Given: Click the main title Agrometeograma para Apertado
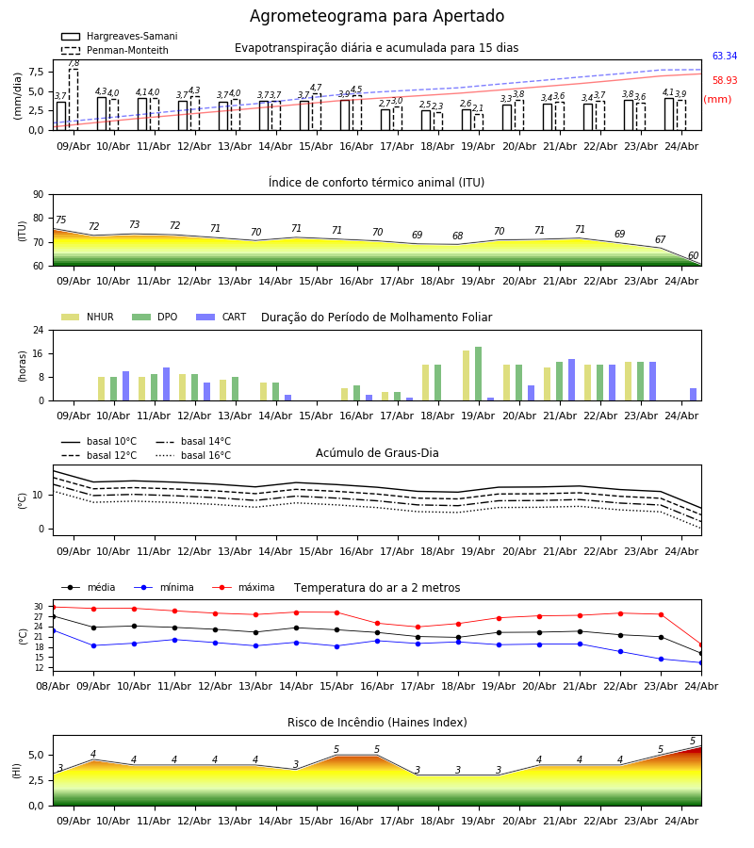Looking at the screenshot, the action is coord(377,16).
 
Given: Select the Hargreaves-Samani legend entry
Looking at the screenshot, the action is coord(120,36).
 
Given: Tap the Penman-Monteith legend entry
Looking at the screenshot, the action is coord(115,50).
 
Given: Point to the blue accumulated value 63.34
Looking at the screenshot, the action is coord(725,57).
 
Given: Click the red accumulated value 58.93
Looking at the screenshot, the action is coord(725,81).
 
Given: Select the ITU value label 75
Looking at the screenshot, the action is coord(60,220).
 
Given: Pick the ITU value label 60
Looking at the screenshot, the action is coord(693,255).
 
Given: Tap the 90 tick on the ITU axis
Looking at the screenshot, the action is coord(39,195).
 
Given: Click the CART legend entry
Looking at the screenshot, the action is coord(221,317).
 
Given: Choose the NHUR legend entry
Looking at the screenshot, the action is coord(88,317).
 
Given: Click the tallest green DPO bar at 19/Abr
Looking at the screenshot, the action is coord(478,374).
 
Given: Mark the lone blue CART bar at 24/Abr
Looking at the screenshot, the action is coord(694,394).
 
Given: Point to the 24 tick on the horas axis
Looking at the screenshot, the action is coord(39,330).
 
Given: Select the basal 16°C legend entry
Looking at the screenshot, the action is coord(193,455).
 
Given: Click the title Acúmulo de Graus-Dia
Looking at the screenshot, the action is coord(377,452).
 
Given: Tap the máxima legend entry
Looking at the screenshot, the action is coord(243,587).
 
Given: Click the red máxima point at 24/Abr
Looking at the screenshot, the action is coord(701,644).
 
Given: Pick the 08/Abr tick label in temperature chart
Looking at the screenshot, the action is coord(53,686).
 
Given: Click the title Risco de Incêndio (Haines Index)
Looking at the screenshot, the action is coord(377,723).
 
